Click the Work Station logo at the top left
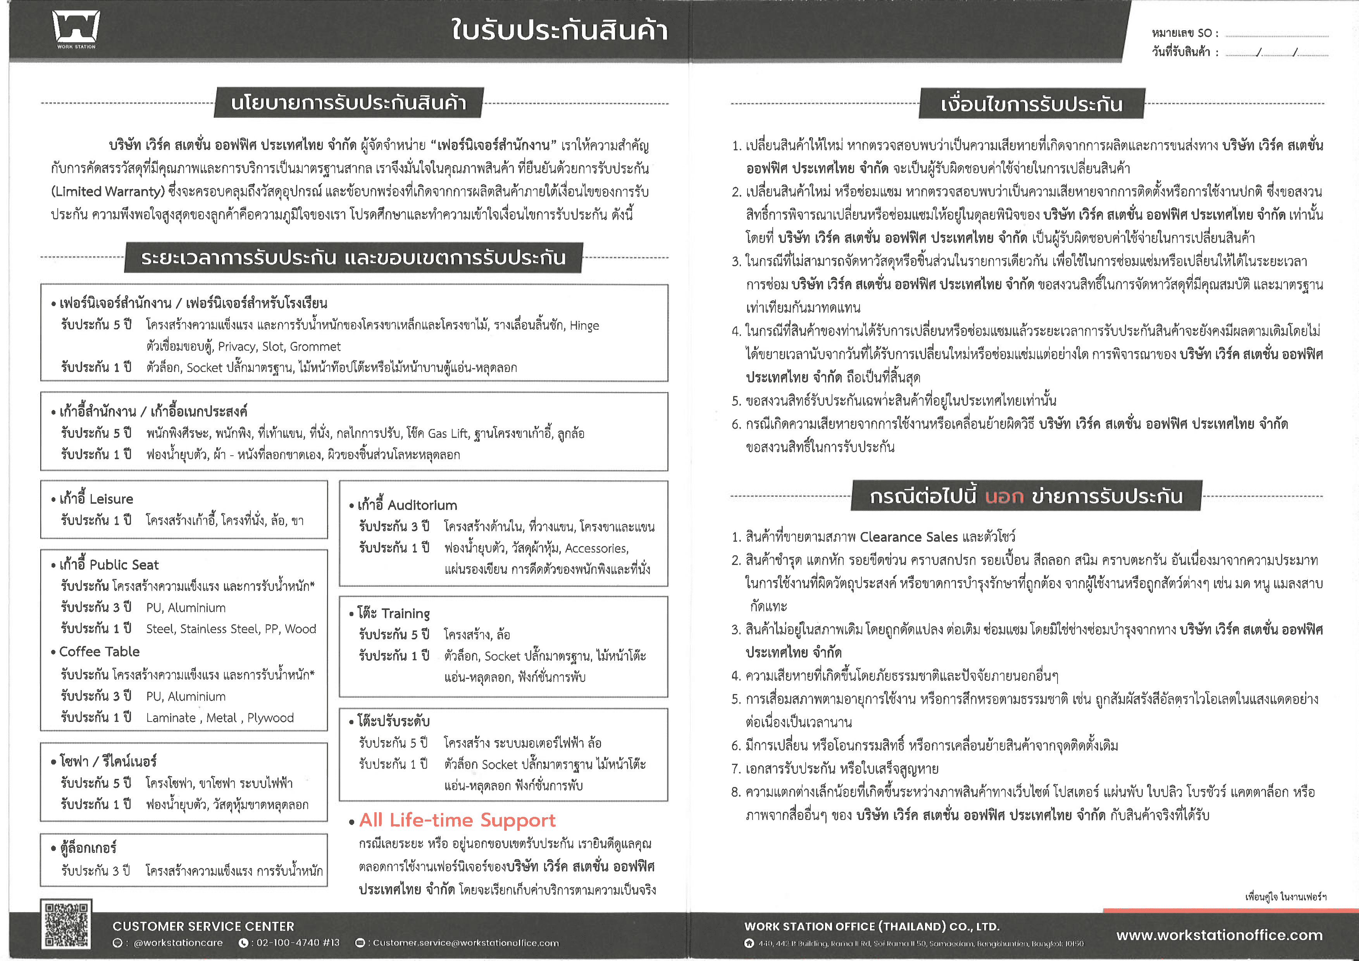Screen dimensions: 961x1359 point(76,28)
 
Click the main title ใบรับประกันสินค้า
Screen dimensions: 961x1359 point(559,29)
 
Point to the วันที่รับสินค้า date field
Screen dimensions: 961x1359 point(1276,53)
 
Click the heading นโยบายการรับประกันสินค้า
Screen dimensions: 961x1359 point(349,103)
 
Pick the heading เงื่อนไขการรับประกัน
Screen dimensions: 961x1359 point(1031,104)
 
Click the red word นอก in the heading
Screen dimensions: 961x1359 point(1004,496)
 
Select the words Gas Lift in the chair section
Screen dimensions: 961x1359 point(448,433)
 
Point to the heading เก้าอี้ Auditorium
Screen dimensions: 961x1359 point(407,505)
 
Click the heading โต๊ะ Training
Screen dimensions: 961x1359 point(394,613)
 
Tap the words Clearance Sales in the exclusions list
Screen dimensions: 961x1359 point(909,537)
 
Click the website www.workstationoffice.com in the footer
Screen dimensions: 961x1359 point(1219,935)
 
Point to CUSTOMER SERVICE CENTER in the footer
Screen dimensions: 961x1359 point(203,926)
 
